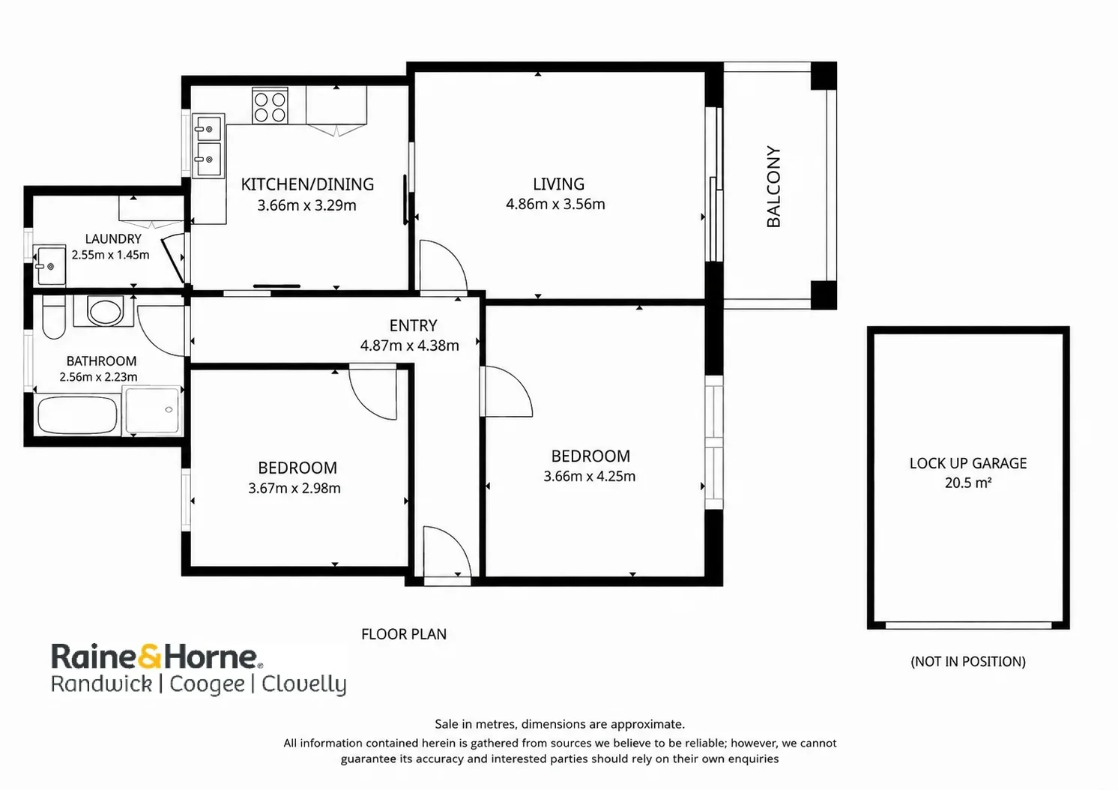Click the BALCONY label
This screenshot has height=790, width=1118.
[x=773, y=187]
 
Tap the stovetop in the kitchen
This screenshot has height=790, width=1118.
[x=270, y=106]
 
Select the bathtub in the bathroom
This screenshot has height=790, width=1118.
[x=77, y=415]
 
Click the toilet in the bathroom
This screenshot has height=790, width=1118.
[x=53, y=316]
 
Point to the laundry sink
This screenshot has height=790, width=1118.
[x=49, y=265]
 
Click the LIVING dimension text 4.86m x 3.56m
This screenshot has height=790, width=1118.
[x=555, y=204]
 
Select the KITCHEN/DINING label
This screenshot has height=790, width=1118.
[x=307, y=184]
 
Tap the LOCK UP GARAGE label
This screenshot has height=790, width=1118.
[x=968, y=463]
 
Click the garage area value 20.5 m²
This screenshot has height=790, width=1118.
[x=968, y=483]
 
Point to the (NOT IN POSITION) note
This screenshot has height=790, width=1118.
[x=968, y=662]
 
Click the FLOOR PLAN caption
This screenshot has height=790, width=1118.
[x=404, y=634]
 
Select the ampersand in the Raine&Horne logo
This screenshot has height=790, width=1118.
[x=149, y=656]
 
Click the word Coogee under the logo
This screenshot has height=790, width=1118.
[x=207, y=684]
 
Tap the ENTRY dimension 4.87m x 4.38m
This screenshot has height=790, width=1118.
[x=410, y=346]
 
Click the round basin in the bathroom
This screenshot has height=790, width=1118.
[x=104, y=311]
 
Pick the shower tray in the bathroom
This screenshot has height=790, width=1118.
[x=152, y=411]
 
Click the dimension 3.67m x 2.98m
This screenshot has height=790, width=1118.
[x=294, y=488]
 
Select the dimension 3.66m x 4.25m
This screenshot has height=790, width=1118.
[x=590, y=477]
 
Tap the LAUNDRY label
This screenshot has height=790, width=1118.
[x=113, y=238]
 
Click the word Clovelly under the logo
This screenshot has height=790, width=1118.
[x=304, y=684]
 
